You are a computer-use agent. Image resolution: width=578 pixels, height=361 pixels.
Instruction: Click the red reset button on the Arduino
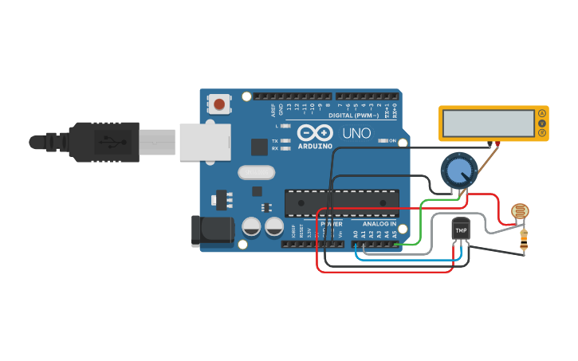(219, 104)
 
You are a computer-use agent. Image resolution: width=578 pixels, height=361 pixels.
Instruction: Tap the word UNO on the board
(356, 133)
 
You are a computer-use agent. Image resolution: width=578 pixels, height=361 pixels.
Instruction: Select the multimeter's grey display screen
(488, 123)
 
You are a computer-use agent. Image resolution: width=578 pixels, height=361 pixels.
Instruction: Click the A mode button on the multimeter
(542, 114)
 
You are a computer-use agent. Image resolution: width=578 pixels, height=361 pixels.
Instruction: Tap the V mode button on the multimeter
(542, 124)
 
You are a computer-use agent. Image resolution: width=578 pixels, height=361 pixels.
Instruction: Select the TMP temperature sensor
(460, 230)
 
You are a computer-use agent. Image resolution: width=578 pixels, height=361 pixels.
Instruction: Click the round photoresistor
(520, 211)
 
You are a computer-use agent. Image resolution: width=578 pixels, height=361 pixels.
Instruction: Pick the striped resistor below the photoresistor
(524, 238)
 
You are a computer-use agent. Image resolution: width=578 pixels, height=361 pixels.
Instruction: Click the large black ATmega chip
(340, 203)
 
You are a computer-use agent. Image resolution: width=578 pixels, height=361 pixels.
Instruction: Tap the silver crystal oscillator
(256, 171)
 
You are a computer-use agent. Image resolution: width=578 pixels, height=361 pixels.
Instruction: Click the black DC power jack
(211, 230)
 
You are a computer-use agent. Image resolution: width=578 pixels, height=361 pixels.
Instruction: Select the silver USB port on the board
(205, 142)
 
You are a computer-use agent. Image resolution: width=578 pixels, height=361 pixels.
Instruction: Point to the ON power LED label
(392, 141)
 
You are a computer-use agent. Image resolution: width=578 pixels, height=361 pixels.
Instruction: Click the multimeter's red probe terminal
(497, 143)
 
